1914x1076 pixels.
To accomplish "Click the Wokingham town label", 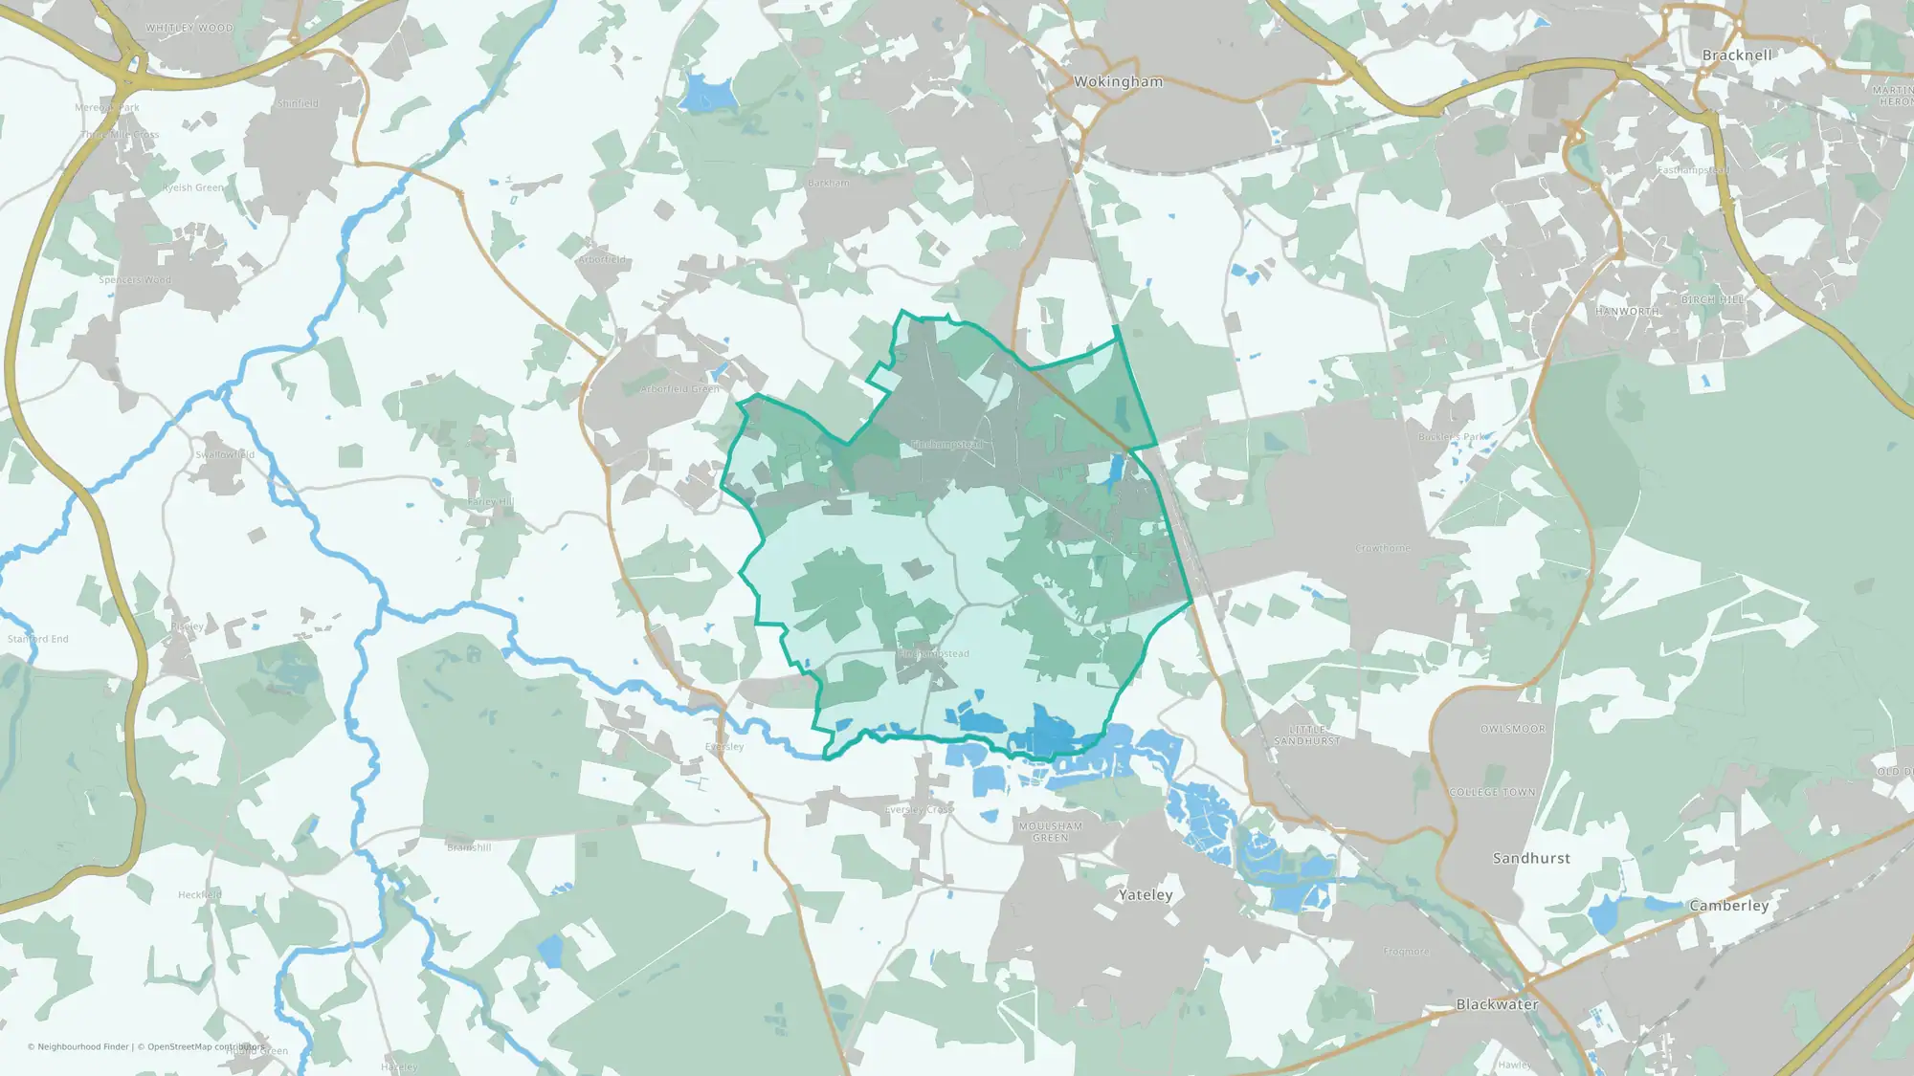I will coord(1118,82).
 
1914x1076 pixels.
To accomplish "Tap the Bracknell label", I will coord(1737,55).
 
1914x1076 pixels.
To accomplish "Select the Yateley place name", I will coord(1146,895).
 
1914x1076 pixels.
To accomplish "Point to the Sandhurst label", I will coord(1531,859).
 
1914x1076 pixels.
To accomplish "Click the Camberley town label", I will coord(1728,906).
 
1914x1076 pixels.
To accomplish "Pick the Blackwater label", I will coord(1497,1004).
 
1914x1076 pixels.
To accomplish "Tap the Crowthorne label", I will coord(1383,549).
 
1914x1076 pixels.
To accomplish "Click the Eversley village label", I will coord(724,747).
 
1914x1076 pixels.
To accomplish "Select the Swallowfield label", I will coord(225,455).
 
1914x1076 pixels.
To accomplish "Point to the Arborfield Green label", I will coord(679,390).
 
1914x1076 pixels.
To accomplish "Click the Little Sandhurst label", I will coord(1306,736).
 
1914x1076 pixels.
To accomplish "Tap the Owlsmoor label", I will coord(1512,730).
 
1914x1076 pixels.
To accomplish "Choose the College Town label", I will coord(1492,793).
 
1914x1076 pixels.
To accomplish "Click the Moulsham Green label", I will coord(1051,832).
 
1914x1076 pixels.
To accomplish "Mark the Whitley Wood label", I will coord(189,29).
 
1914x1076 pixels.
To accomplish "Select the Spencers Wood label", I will coord(135,280).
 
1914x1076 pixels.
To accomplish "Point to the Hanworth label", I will coord(1627,312).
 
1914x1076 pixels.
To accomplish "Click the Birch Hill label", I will coord(1713,300).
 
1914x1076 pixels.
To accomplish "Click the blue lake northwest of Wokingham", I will coord(708,93).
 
